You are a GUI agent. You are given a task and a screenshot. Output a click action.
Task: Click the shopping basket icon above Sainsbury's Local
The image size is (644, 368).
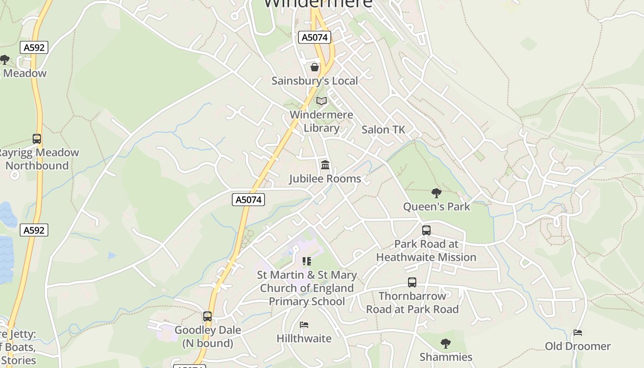[315, 68]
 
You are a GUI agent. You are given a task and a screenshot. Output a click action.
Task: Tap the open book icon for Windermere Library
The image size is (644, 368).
[322, 101]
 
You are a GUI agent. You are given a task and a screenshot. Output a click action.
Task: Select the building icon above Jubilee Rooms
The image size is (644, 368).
[325, 165]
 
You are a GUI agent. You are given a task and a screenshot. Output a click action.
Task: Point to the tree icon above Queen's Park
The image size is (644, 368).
[436, 193]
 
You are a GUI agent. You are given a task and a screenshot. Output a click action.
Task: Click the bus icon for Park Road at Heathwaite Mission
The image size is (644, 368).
[426, 230]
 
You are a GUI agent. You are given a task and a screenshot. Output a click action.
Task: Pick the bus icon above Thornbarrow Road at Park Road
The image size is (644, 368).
[412, 282]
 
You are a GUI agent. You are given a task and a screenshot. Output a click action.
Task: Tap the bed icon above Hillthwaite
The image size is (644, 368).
[304, 325]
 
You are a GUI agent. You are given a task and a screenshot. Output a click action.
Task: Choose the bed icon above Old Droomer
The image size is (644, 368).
[578, 333]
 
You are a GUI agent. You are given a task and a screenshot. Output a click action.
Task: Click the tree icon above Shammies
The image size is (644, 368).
[445, 343]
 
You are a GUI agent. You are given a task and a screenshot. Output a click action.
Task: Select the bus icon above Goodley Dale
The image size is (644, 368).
[207, 316]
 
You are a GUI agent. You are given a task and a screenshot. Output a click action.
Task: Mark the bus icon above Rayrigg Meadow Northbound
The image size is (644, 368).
[37, 138]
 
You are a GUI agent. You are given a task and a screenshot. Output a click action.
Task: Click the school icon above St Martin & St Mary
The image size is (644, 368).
[307, 262]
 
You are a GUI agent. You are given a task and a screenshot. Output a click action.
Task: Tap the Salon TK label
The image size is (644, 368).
[383, 130]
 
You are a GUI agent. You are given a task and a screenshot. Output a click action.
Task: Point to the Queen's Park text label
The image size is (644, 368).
[437, 207]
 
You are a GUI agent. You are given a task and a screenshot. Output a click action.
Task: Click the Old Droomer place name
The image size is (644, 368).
[578, 346]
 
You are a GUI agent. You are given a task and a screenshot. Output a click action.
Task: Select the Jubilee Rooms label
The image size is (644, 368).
[325, 178]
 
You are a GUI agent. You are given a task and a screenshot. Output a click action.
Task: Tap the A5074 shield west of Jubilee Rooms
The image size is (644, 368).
[248, 199]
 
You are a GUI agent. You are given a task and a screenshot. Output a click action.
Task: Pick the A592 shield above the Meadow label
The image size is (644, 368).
[34, 47]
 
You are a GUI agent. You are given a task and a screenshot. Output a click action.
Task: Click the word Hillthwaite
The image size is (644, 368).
[304, 339]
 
